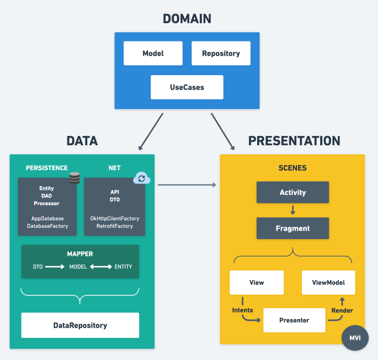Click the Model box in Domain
pos(153,53)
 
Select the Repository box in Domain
pos(220,53)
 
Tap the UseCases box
pos(187,87)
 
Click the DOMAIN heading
pos(187,19)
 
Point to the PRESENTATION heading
pos(294,141)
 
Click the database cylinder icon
pos(75,178)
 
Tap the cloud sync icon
pos(141,178)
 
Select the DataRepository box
pos(80,325)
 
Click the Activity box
pos(292,192)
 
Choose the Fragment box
pos(292,228)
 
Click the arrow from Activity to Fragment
pos(292,210)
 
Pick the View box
pos(256,282)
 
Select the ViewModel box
pos(328,282)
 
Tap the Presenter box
pos(294,320)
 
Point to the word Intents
pos(242,310)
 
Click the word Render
pos(342,310)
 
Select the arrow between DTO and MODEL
pos(55,267)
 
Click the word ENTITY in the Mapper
pos(123,267)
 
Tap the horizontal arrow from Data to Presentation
pos(187,185)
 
